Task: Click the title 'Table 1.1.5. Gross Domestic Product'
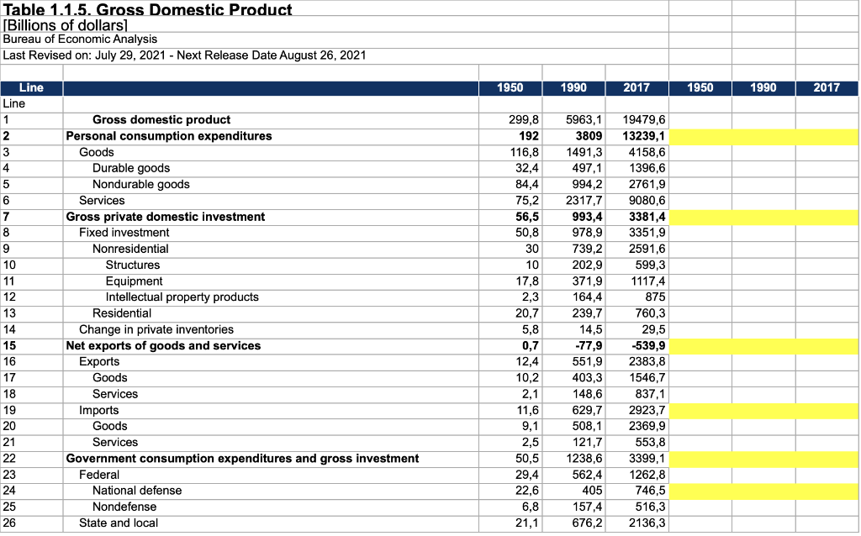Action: point(148,10)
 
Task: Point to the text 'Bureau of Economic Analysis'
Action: point(80,39)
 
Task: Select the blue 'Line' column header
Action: point(31,87)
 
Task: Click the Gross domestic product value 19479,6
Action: point(644,120)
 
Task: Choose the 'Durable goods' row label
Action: point(131,168)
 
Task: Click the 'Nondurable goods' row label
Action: point(140,184)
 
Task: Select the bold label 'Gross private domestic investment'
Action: point(166,217)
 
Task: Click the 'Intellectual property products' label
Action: point(182,297)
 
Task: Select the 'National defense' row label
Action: point(137,490)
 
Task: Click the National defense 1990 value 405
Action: point(591,490)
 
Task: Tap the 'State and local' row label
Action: point(119,523)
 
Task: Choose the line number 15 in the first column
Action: point(10,345)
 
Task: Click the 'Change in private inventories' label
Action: point(156,329)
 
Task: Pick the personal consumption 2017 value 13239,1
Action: point(644,136)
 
